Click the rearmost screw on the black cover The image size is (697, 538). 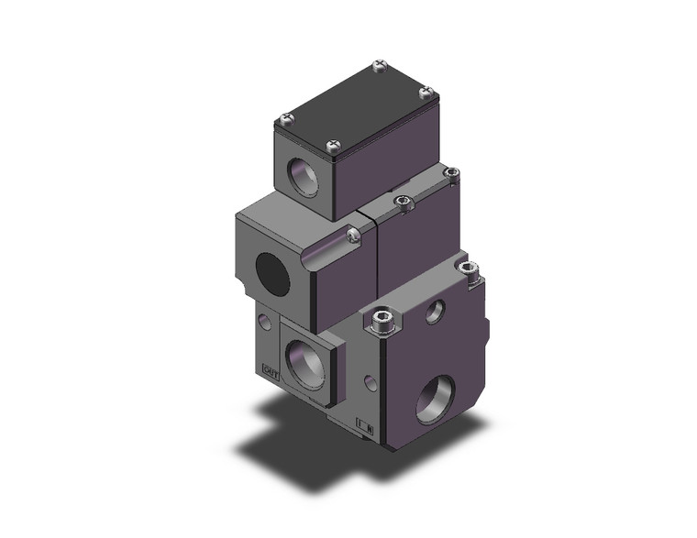pos(379,65)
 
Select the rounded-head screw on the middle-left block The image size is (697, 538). pos(354,236)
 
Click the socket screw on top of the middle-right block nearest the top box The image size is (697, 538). pos(399,201)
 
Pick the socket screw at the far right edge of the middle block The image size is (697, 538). pos(450,172)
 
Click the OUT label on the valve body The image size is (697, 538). pos(270,371)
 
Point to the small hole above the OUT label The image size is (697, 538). pos(265,321)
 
